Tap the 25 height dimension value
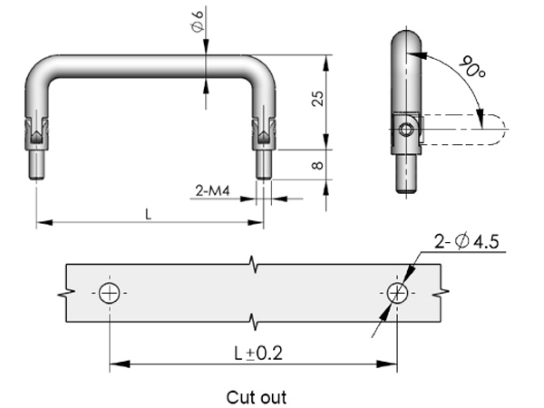point(317,98)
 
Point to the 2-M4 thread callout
point(213,191)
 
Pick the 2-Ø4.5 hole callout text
point(467,241)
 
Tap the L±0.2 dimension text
point(255,353)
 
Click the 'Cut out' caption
point(256,396)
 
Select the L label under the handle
point(149,213)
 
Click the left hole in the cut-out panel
point(110,293)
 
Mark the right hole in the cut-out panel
point(396,293)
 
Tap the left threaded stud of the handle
point(37,163)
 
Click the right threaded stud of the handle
point(262,163)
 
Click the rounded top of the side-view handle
point(404,41)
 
